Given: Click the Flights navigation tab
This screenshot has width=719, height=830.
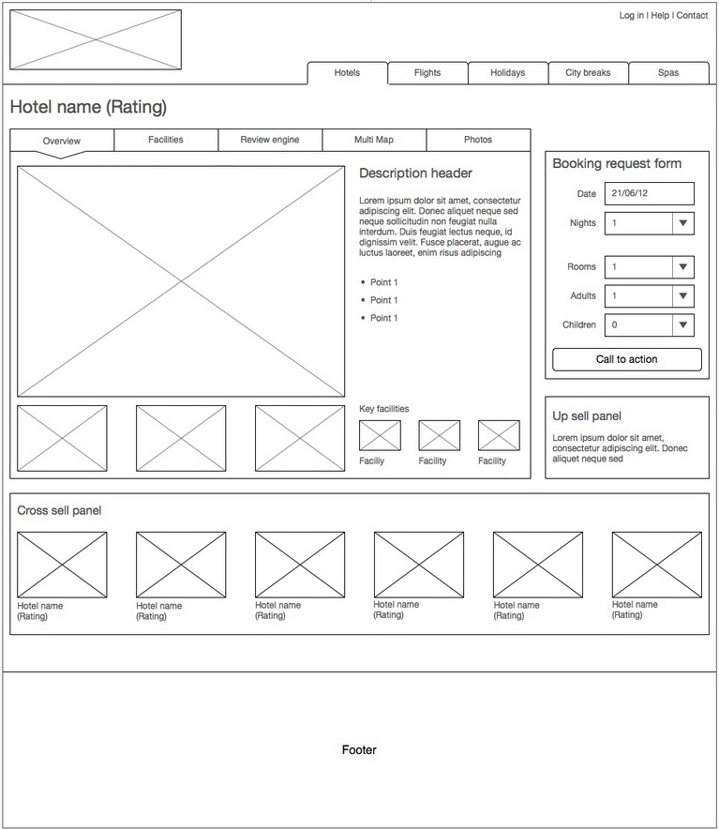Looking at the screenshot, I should coord(427,73).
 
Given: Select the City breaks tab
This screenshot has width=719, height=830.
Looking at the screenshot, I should coord(588,73).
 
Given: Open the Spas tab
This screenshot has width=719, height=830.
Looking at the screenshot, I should coord(668,73).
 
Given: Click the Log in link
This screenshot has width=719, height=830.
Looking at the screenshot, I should coord(631,16).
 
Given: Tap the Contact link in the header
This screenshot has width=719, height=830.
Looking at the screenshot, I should coord(693,16).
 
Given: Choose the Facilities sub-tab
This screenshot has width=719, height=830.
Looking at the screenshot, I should coord(166,140).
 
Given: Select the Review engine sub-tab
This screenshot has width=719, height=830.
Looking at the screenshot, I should coord(270,140).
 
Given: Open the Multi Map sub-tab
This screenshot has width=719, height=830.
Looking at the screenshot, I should coord(374,140).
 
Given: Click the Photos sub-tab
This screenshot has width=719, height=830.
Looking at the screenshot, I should coord(478,140).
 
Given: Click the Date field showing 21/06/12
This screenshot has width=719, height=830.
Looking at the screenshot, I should coord(650,194).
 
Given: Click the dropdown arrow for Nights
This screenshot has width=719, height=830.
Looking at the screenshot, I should coord(683,223).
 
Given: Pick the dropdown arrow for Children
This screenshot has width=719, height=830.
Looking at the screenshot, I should coord(683,325).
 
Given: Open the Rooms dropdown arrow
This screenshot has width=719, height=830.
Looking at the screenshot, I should coord(683,267).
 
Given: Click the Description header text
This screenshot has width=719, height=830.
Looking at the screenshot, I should coord(415,174).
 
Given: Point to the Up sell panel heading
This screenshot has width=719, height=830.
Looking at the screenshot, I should coord(587,416).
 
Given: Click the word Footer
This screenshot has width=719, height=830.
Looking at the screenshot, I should coord(359,750).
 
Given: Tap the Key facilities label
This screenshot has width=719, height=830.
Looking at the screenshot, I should coord(384,409).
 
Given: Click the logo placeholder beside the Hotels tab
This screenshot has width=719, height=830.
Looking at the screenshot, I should coord(96,39).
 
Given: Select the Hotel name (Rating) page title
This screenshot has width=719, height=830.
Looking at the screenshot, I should coord(88,108).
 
